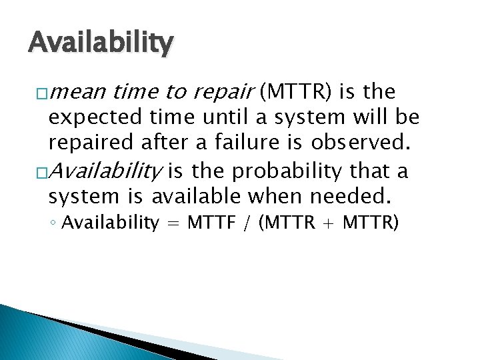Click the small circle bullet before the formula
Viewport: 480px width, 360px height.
(x=53, y=223)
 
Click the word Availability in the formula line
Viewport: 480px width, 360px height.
(x=111, y=223)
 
